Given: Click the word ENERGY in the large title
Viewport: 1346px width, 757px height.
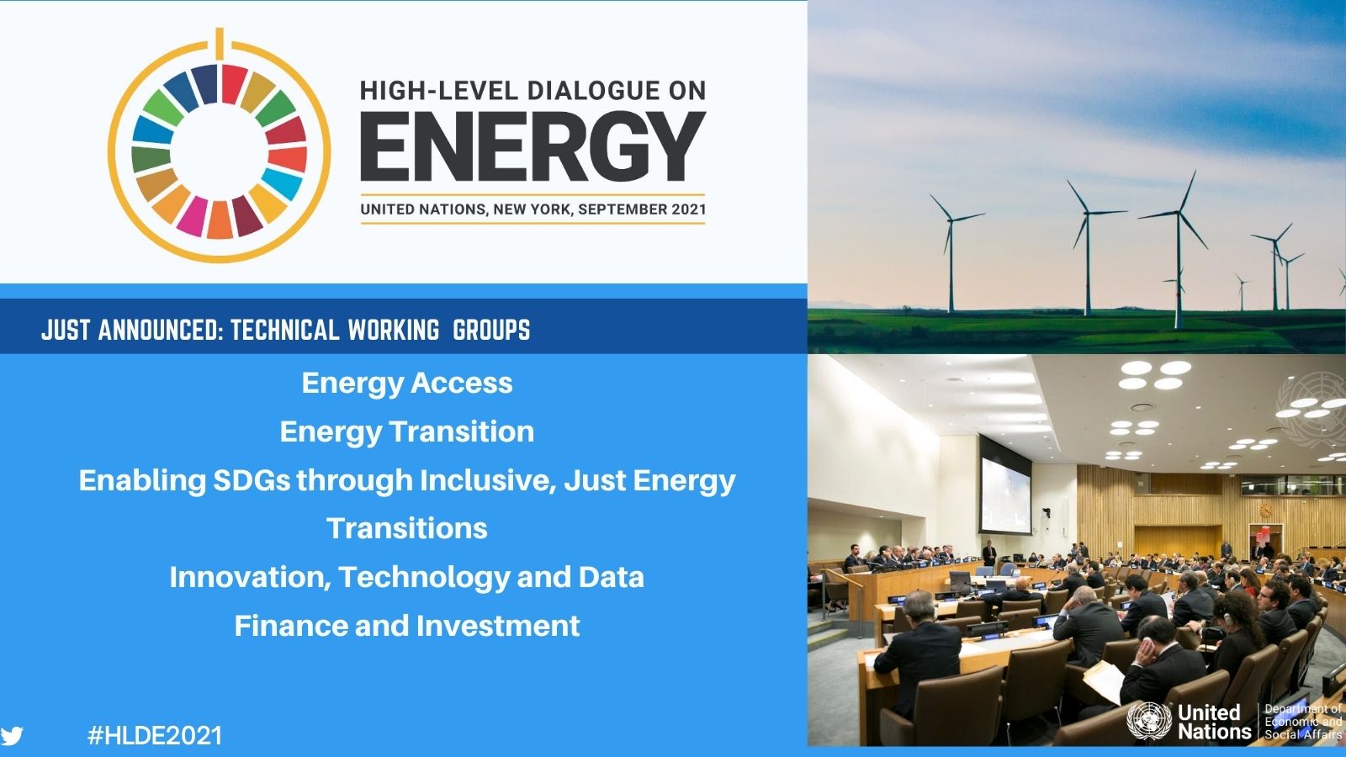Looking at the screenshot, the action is click(533, 146).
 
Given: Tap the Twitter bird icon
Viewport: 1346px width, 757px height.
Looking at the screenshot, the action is click(12, 736).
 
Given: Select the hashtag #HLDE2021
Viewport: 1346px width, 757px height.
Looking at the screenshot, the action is click(155, 735).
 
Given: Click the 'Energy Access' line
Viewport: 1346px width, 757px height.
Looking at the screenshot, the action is click(407, 383).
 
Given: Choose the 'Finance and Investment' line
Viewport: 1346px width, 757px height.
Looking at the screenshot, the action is click(407, 626).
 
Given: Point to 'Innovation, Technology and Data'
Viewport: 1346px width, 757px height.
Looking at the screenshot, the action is click(407, 577).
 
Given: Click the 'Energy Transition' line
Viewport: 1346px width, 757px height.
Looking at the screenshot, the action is click(407, 431).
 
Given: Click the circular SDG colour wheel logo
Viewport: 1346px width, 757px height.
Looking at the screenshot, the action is click(220, 146).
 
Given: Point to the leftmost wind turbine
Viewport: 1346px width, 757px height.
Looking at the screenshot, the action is click(951, 252).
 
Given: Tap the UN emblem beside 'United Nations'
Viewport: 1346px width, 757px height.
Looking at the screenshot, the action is click(1149, 720).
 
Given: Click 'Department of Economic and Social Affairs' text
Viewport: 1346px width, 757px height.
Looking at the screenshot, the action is click(1303, 722).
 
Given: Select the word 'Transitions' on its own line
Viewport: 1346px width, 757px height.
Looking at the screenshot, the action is click(407, 528).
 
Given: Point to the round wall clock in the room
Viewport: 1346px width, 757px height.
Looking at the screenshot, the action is click(1266, 510).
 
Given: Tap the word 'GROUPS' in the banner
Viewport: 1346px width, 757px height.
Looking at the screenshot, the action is click(491, 330).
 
